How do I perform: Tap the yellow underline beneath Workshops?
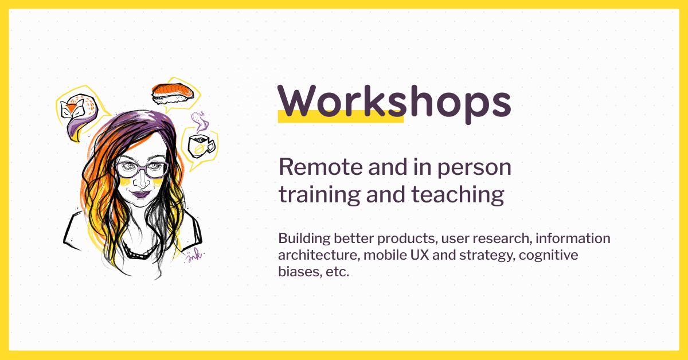pos(341,118)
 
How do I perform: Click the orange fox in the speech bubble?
pos(73,110)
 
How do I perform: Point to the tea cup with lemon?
pos(200,146)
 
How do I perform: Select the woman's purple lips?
pos(140,194)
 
